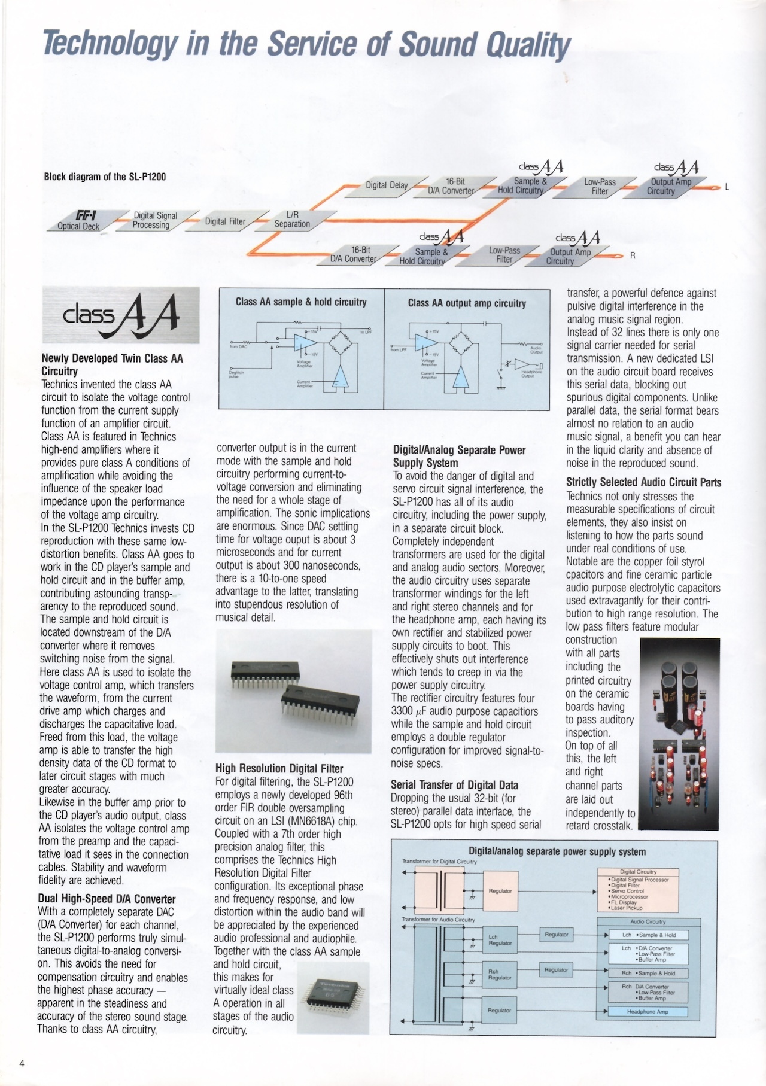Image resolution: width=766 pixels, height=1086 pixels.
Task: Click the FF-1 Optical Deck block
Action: (81, 221)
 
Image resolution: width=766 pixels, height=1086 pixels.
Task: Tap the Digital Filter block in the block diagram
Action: (225, 221)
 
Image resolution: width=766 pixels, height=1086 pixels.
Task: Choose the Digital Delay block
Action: (387, 185)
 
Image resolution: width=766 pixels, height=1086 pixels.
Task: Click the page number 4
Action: (22, 1063)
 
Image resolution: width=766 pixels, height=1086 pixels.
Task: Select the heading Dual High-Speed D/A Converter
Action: (107, 899)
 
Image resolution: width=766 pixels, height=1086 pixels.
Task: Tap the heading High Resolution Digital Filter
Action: (279, 768)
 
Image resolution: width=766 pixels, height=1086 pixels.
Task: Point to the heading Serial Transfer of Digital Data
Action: (454, 785)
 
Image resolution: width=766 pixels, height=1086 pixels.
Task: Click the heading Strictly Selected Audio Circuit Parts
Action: (643, 482)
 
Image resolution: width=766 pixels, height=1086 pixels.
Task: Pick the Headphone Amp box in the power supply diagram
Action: (648, 1011)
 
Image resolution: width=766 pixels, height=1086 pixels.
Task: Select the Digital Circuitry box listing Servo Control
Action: (638, 890)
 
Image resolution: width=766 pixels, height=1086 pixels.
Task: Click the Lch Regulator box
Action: (500, 940)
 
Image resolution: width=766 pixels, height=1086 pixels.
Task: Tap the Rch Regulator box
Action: (500, 975)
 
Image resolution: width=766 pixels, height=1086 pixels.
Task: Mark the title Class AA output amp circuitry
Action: (467, 303)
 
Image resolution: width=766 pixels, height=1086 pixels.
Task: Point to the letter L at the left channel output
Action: (727, 187)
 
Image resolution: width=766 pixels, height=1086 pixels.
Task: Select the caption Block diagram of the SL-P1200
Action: (105, 177)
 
